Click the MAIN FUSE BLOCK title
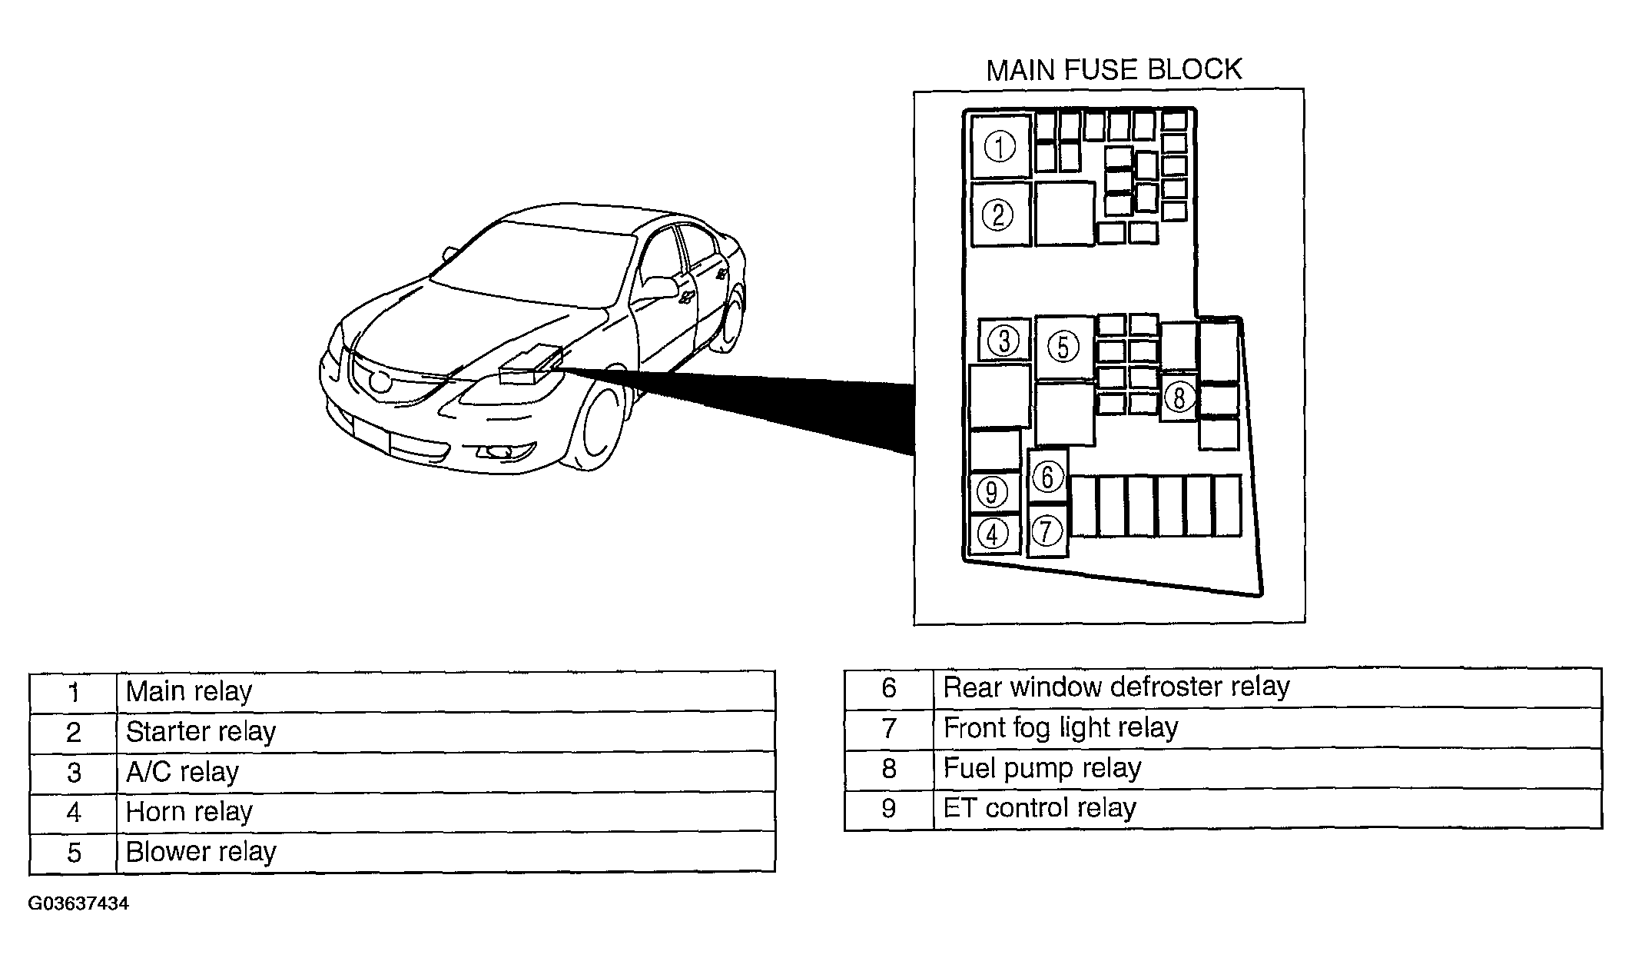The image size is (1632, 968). pyautogui.click(x=1113, y=70)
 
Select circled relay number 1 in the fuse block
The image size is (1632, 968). pyautogui.click(x=1000, y=147)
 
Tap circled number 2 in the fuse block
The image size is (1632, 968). pyautogui.click(x=998, y=215)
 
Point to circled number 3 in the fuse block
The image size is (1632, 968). pyautogui.click(x=1003, y=341)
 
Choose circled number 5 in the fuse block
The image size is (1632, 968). pyautogui.click(x=1063, y=347)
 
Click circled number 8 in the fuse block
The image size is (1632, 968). pyautogui.click(x=1179, y=398)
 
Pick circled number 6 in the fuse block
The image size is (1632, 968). pyautogui.click(x=1048, y=477)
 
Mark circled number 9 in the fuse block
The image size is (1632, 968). pyautogui.click(x=991, y=492)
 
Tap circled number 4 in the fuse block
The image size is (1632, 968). pyautogui.click(x=993, y=534)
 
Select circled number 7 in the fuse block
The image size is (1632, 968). pyautogui.click(x=1047, y=531)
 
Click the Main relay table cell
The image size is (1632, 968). pyautogui.click(x=189, y=691)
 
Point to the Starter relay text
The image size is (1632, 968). pyautogui.click(x=201, y=731)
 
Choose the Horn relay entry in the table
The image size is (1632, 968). pyautogui.click(x=189, y=811)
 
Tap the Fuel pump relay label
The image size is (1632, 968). pyautogui.click(x=1042, y=767)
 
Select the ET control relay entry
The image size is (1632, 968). pyautogui.click(x=1039, y=807)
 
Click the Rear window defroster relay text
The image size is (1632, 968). pyautogui.click(x=1116, y=687)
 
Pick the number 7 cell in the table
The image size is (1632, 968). pyautogui.click(x=889, y=727)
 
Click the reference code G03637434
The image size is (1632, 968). pyautogui.click(x=78, y=903)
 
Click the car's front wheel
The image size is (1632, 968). pyautogui.click(x=599, y=427)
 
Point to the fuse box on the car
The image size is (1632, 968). pyautogui.click(x=529, y=365)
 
